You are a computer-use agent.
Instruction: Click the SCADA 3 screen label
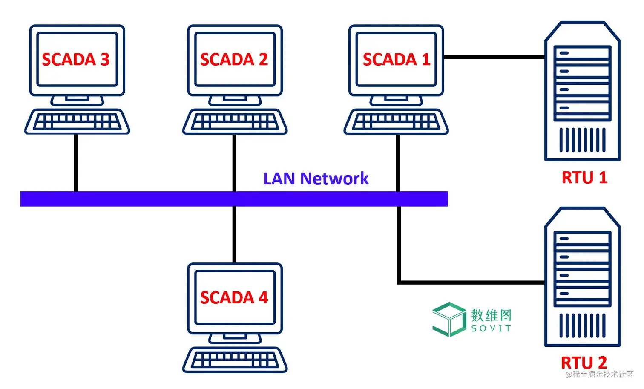(76, 59)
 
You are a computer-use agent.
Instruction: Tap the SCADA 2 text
(234, 59)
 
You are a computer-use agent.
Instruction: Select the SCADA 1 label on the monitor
(396, 59)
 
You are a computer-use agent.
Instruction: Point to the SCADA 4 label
(234, 297)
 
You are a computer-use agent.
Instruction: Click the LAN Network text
(316, 179)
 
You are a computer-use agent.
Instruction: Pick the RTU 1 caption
(584, 177)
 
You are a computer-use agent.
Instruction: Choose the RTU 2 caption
(584, 363)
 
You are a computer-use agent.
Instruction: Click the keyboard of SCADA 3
(77, 122)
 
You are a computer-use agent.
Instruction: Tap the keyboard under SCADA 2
(235, 122)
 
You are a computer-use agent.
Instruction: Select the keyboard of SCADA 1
(396, 122)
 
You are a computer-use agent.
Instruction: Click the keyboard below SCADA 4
(235, 360)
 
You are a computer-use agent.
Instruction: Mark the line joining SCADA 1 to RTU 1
(494, 57)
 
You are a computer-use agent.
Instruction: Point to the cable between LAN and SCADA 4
(234, 234)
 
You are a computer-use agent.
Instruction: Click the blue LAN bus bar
(128, 199)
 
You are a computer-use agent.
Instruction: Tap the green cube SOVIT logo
(449, 319)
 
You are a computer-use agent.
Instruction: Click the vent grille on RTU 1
(582, 140)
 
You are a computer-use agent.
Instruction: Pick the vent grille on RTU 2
(582, 326)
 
